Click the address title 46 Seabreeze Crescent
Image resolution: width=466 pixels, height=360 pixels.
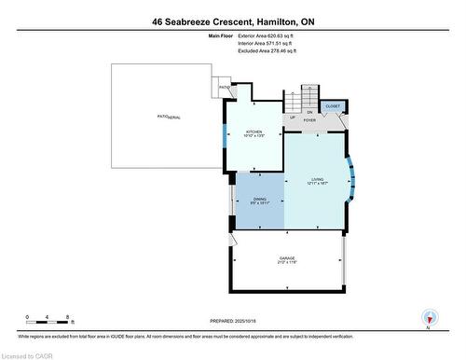point(232,21)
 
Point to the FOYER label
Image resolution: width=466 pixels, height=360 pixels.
point(309,120)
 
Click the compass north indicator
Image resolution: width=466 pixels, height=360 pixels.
point(428,317)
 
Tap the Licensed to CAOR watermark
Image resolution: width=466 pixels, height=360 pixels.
point(30,353)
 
